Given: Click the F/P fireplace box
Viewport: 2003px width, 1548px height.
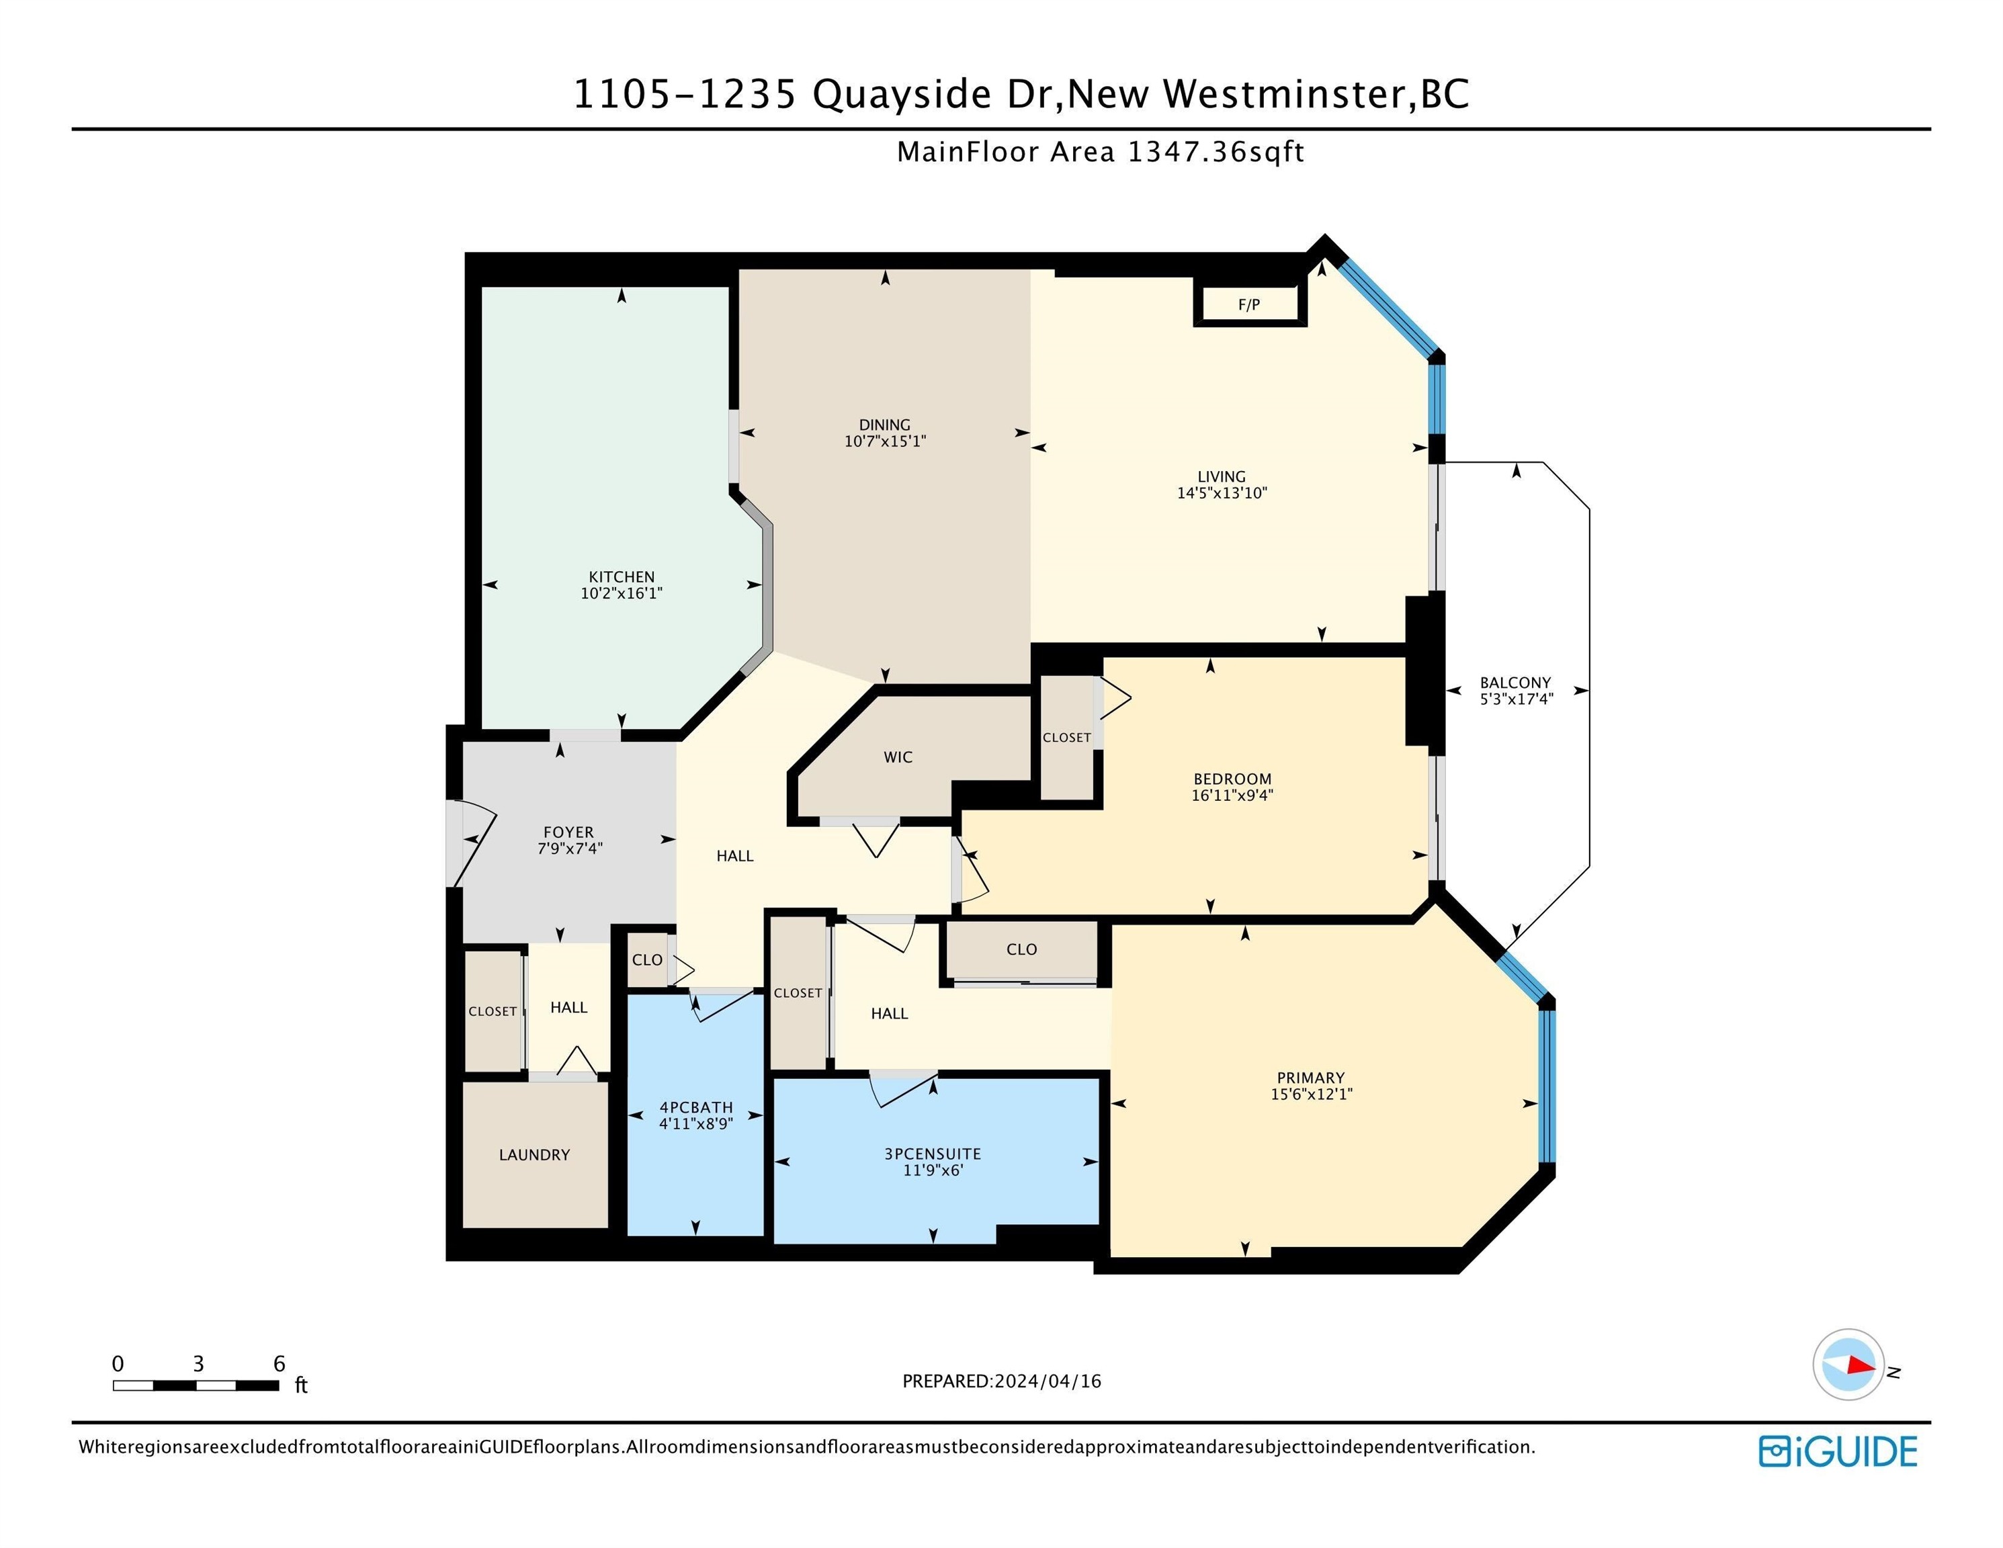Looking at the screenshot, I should click(1249, 304).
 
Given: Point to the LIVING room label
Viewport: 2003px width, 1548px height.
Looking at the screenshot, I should click(1221, 476).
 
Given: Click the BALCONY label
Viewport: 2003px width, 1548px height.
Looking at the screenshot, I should click(1515, 683).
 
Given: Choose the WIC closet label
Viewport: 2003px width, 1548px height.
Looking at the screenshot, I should click(898, 757).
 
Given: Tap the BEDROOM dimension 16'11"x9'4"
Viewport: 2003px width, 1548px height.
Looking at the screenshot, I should click(1232, 795).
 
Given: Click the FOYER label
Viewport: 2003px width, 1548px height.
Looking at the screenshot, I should click(568, 832).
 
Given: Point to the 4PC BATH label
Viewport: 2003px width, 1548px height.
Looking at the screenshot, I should click(695, 1107).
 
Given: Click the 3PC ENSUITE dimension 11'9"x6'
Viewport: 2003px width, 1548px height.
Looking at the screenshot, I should click(932, 1170).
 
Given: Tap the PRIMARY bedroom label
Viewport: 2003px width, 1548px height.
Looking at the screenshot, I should click(1310, 1078).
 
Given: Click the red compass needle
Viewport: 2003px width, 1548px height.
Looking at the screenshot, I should click(1861, 1365).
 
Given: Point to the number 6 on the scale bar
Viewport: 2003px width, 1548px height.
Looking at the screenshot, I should click(279, 1364).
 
